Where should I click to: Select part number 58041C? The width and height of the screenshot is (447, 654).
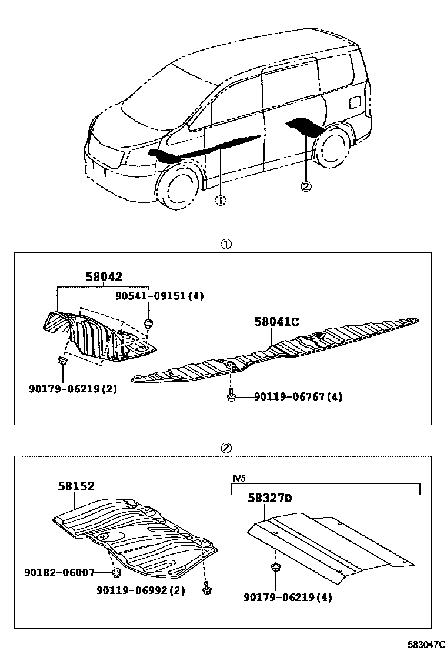[276, 322]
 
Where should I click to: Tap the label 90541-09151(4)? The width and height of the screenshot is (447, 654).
[160, 296]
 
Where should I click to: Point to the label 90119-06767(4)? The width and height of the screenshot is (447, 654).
[298, 397]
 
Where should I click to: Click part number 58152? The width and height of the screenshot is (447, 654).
[76, 486]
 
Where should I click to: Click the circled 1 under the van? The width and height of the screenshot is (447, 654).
[220, 200]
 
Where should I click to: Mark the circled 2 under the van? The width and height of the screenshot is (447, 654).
[305, 186]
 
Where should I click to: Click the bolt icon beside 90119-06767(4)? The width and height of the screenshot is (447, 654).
[232, 396]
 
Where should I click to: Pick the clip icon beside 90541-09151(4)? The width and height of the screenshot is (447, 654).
[148, 322]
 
